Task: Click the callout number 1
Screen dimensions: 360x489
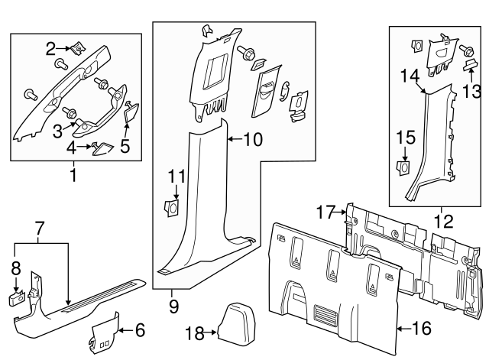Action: coord(73,176)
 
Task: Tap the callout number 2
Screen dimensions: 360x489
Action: coord(51,49)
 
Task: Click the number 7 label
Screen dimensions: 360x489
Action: coord(41,226)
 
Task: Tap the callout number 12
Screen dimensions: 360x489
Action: coord(440,220)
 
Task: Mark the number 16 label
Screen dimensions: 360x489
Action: coord(422,329)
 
